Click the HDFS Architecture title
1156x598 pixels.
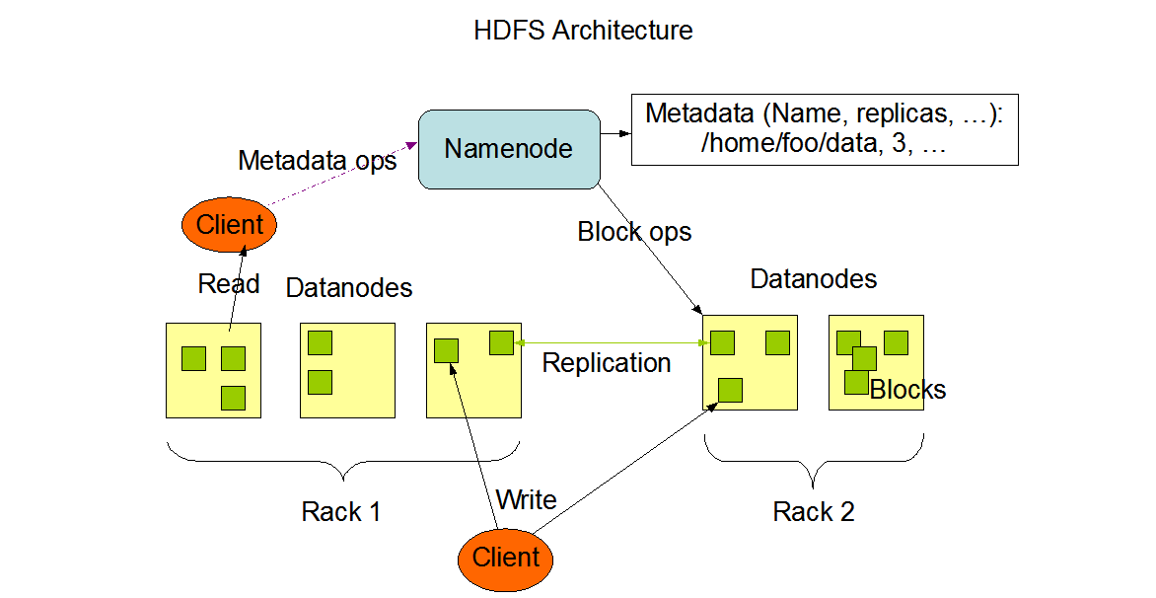click(x=583, y=30)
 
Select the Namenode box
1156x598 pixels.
click(x=509, y=149)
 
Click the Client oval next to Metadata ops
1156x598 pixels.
click(x=229, y=225)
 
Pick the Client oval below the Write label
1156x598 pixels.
click(x=506, y=558)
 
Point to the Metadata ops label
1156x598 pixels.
click(x=317, y=160)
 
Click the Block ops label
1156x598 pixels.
click(x=634, y=232)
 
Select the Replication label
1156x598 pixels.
click(x=607, y=363)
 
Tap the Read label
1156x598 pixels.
click(x=229, y=284)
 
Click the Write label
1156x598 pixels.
click(x=526, y=499)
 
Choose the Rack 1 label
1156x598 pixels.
click(x=340, y=512)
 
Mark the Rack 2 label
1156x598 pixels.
click(x=814, y=512)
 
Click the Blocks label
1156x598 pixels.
click(x=907, y=390)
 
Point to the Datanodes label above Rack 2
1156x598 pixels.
click(x=814, y=279)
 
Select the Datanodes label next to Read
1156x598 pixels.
click(x=348, y=288)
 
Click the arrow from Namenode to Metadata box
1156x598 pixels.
click(x=615, y=133)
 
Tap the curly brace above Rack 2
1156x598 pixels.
click(x=814, y=464)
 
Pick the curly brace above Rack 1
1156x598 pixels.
click(x=342, y=464)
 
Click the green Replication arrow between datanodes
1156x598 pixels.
click(x=612, y=342)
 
